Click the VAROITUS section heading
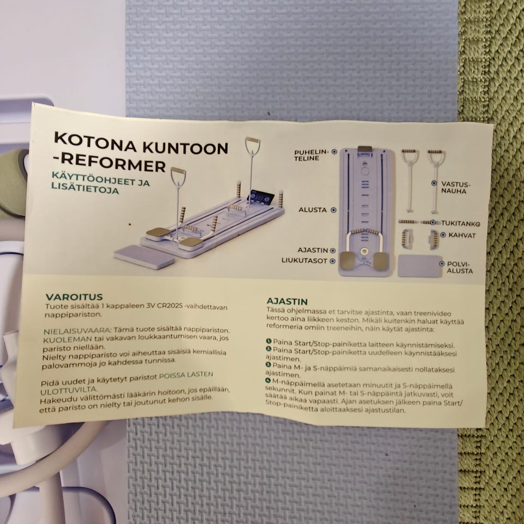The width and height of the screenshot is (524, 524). click(74, 297)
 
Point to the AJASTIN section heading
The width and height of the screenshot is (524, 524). click(287, 301)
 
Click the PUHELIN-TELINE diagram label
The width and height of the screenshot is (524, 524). click(311, 155)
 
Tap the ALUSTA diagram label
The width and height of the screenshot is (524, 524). click(312, 210)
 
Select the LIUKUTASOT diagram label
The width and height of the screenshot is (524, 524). click(304, 261)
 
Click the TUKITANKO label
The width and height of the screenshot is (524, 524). click(459, 223)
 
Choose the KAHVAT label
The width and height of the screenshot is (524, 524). click(462, 235)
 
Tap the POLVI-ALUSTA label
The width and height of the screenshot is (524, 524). click(460, 267)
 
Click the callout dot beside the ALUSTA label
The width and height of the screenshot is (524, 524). click(333, 210)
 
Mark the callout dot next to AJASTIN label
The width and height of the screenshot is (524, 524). click(332, 251)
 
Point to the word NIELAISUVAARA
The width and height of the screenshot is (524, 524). click(77, 331)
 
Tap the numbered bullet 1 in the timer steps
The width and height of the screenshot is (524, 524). click(269, 341)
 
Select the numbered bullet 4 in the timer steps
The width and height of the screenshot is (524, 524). click(267, 380)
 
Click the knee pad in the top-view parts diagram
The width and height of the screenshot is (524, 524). click(420, 266)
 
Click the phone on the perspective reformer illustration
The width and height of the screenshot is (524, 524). click(260, 198)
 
